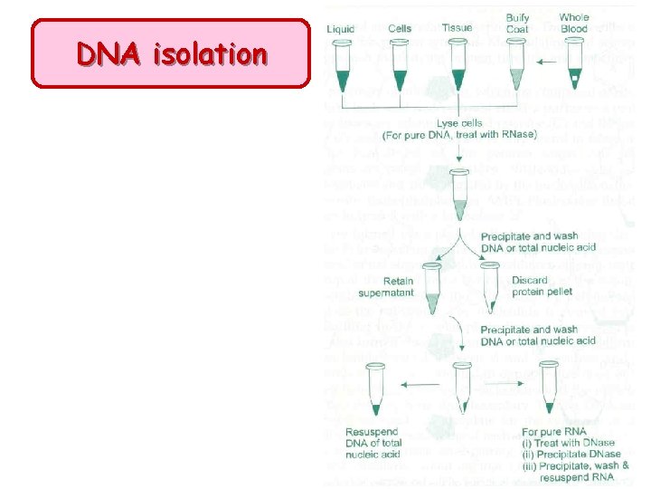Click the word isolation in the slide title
coord(211,54)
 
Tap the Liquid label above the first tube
coord(341,29)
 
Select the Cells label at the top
coord(400,29)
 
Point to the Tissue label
coord(458,28)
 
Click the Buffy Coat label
coord(518,23)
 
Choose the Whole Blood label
coord(574,23)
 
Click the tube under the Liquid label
coord(341,68)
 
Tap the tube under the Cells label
coord(400,68)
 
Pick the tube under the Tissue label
coord(458,68)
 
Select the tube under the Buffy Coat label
coord(516,68)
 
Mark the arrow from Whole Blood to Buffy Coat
coord(546,62)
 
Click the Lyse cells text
coord(459,123)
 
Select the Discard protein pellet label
coord(540,285)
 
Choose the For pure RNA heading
coord(554,431)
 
